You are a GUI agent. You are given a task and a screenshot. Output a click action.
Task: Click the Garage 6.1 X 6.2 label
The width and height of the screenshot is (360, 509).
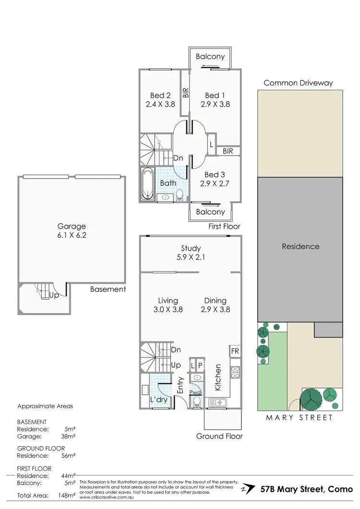point(72,231)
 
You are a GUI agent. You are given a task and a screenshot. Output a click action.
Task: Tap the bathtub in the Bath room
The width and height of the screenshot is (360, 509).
point(146,184)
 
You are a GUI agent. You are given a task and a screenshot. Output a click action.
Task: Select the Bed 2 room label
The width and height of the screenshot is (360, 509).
point(160,99)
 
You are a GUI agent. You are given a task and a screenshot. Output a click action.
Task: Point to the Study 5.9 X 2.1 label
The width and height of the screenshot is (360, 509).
point(191,253)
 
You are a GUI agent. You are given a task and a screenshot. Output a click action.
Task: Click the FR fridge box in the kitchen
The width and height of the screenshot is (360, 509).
point(235,351)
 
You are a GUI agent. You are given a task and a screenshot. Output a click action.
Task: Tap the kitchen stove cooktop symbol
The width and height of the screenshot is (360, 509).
point(236,372)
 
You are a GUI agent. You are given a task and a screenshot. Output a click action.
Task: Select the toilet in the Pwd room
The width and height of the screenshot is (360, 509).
point(197,402)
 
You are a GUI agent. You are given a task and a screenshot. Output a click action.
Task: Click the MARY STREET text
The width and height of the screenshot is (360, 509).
point(300,417)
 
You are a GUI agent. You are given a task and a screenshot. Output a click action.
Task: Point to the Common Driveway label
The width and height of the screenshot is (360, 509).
point(298,83)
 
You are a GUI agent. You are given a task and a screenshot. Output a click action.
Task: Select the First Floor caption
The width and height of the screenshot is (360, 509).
point(225,226)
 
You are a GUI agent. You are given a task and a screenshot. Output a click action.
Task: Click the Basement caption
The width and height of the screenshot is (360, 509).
point(108,289)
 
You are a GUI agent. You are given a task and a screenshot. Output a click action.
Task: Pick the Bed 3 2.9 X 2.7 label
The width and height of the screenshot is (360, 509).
point(215,179)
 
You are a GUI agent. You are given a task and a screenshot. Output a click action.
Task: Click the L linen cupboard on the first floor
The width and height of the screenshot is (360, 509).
point(211,144)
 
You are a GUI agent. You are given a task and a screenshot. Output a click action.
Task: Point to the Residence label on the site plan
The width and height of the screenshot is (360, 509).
point(300,246)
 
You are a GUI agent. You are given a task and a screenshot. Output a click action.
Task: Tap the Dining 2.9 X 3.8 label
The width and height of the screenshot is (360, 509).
point(215,305)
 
